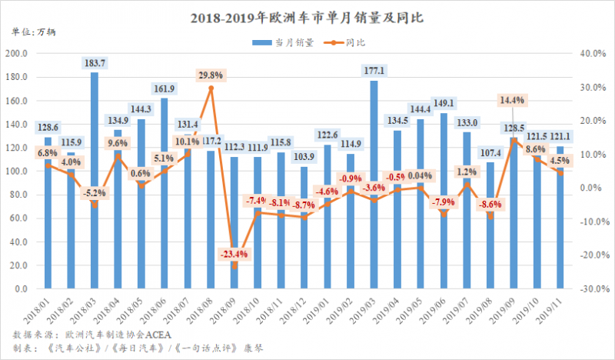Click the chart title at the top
pyautogui.click(x=307, y=15)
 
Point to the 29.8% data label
pyautogui.click(x=211, y=75)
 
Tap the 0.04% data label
pyautogui.click(x=421, y=175)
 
